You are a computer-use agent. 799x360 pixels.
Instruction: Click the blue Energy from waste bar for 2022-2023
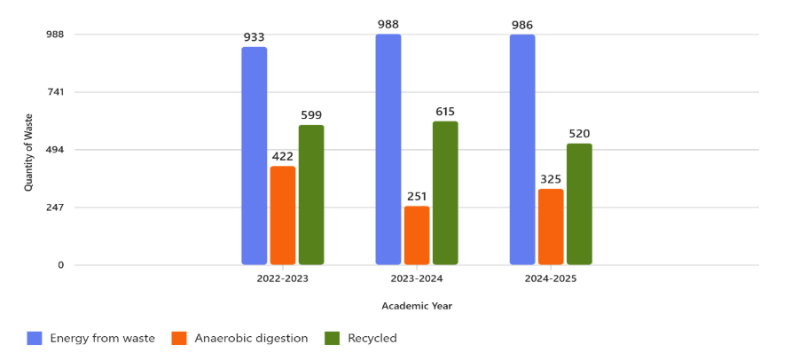point(255,156)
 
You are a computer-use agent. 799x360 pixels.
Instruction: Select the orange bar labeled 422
point(283,215)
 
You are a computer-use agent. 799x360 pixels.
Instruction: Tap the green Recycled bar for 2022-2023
point(311,195)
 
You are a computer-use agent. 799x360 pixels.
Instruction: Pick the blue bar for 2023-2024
point(388,150)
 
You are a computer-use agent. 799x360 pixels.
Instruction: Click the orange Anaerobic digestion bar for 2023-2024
point(417,235)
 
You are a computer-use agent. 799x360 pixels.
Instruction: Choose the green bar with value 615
point(445,193)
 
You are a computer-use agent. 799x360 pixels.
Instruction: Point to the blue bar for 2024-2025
point(522,150)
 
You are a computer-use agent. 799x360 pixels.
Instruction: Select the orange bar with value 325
point(551,227)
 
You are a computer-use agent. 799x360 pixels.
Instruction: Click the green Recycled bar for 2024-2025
point(579,204)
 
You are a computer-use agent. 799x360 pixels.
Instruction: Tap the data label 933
point(255,37)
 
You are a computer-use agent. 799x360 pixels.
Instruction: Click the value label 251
point(417,196)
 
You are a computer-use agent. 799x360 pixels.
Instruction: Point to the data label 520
point(579,134)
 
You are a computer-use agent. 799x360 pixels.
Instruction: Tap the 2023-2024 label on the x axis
point(417,278)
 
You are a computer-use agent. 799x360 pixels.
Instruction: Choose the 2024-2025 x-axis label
point(551,278)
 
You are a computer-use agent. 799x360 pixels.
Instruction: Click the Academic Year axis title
point(417,306)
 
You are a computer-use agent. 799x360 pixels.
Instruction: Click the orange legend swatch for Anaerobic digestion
point(179,338)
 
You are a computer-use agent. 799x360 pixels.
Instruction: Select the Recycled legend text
point(372,338)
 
